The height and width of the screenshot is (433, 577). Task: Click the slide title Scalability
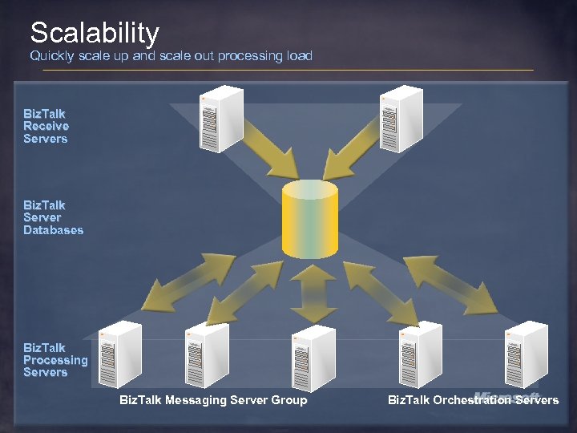coord(95,33)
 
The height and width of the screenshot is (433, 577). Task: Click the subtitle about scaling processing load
coord(171,56)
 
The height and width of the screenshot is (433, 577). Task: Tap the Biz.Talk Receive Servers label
coord(46,126)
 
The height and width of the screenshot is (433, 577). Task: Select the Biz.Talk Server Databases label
coord(53,217)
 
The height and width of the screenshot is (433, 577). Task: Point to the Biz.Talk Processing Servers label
coord(54,360)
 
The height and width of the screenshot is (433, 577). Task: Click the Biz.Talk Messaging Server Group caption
coord(213,400)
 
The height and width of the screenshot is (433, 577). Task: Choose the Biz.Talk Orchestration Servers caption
coord(473,400)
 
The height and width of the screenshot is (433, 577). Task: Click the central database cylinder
coord(310,219)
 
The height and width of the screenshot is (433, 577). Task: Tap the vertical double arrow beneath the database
coord(313,293)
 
